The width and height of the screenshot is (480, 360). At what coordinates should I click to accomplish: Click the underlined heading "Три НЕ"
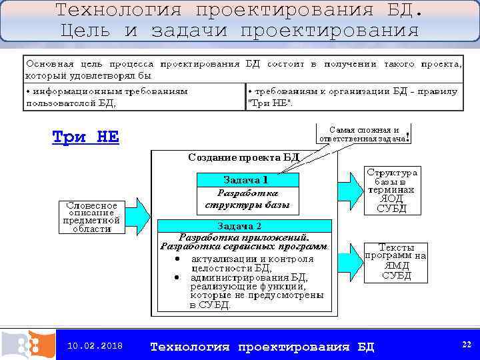85,137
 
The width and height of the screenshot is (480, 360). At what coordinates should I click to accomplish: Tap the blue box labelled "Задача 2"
243,225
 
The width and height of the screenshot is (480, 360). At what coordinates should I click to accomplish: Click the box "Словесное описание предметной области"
92,216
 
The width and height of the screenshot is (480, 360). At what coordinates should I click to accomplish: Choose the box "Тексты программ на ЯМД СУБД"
396,261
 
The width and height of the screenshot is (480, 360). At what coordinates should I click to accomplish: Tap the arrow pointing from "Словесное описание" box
137,213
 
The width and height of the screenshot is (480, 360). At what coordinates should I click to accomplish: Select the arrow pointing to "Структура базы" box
347,185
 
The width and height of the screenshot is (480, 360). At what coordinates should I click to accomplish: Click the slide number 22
466,344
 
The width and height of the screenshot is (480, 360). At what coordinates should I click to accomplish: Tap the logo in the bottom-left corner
28,345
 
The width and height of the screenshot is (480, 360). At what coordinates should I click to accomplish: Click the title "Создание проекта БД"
243,159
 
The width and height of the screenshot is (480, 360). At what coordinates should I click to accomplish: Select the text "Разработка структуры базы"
247,198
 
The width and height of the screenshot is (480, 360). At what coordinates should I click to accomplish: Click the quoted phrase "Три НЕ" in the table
270,103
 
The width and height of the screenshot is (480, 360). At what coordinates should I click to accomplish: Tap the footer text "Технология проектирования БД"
262,347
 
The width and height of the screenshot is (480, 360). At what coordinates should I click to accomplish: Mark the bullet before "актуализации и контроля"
177,258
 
